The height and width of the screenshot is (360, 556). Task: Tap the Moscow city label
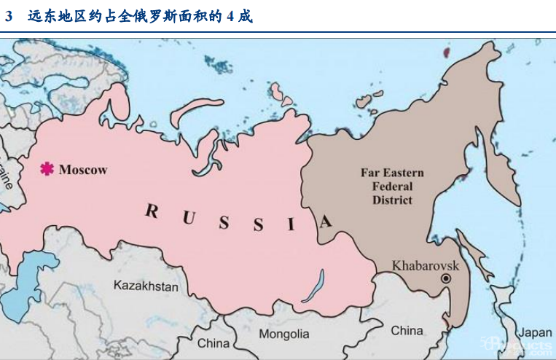click(x=83, y=170)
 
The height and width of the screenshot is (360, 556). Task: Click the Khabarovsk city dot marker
click(x=446, y=279)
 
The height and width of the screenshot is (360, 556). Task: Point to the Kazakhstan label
click(x=146, y=286)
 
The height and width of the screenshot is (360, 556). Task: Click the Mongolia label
click(x=284, y=334)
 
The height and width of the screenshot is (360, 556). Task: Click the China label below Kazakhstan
click(x=213, y=343)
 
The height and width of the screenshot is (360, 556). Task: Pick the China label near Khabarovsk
click(x=407, y=330)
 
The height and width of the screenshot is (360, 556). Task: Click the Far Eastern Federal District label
click(x=392, y=187)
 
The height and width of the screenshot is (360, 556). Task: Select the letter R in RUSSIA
click(x=152, y=211)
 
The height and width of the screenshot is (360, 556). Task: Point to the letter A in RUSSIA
click(x=326, y=221)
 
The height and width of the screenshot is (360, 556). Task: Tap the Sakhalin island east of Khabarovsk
click(x=477, y=262)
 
